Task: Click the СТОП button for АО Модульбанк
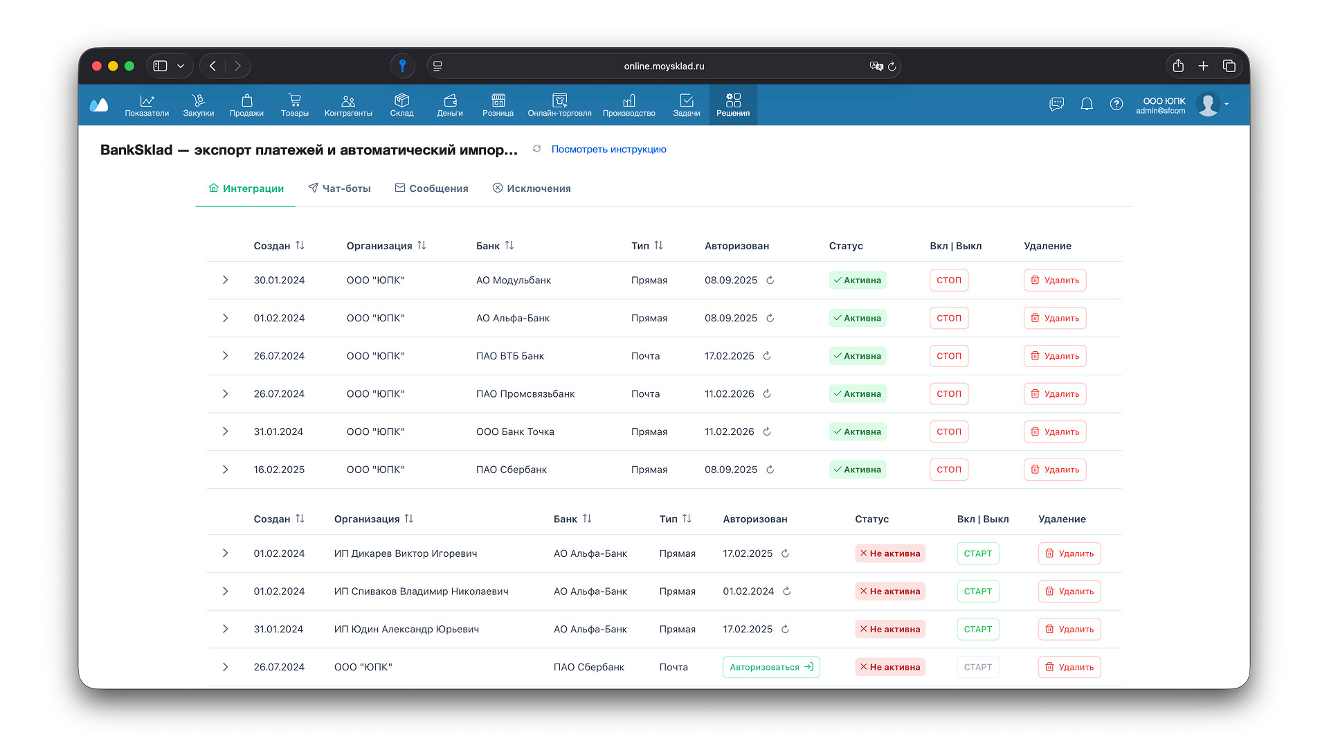948,280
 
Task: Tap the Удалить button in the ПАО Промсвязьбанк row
1055,394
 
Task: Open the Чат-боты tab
339,188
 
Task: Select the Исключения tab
532,188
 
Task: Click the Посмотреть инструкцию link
608,150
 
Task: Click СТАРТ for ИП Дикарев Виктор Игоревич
977,553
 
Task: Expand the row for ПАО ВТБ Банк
225,356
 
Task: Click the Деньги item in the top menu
450,105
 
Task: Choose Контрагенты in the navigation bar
348,105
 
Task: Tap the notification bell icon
1087,104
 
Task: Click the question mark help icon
1116,104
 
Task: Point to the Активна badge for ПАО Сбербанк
858,470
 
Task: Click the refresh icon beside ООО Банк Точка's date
767,432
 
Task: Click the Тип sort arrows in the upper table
658,245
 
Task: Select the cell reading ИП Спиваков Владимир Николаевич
421,591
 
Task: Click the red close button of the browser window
97,66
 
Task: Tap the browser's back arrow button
213,66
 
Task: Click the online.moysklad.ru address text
664,66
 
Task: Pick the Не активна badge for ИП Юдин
890,630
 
